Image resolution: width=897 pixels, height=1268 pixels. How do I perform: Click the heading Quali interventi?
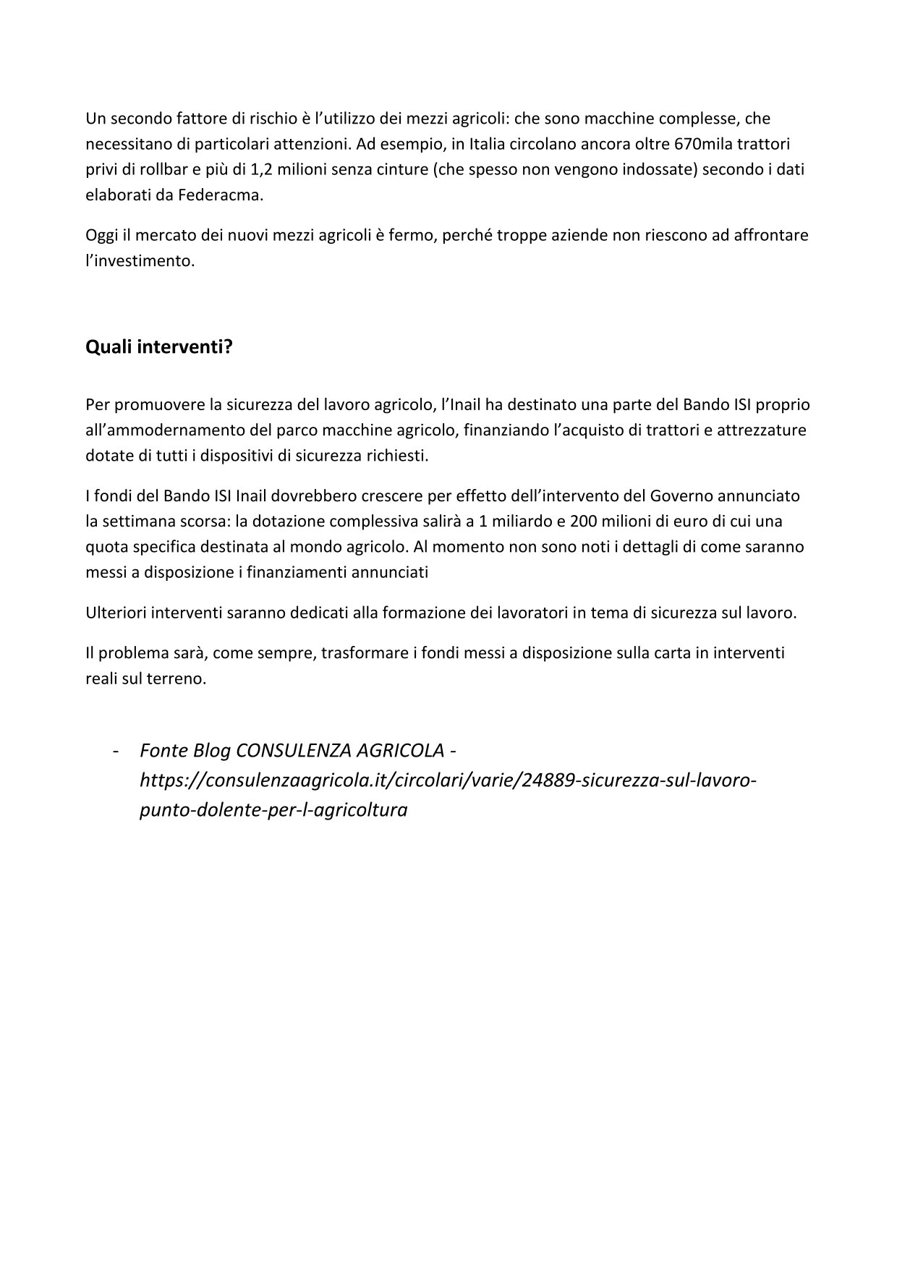click(x=159, y=347)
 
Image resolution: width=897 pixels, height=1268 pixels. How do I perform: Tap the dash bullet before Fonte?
click(x=116, y=752)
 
